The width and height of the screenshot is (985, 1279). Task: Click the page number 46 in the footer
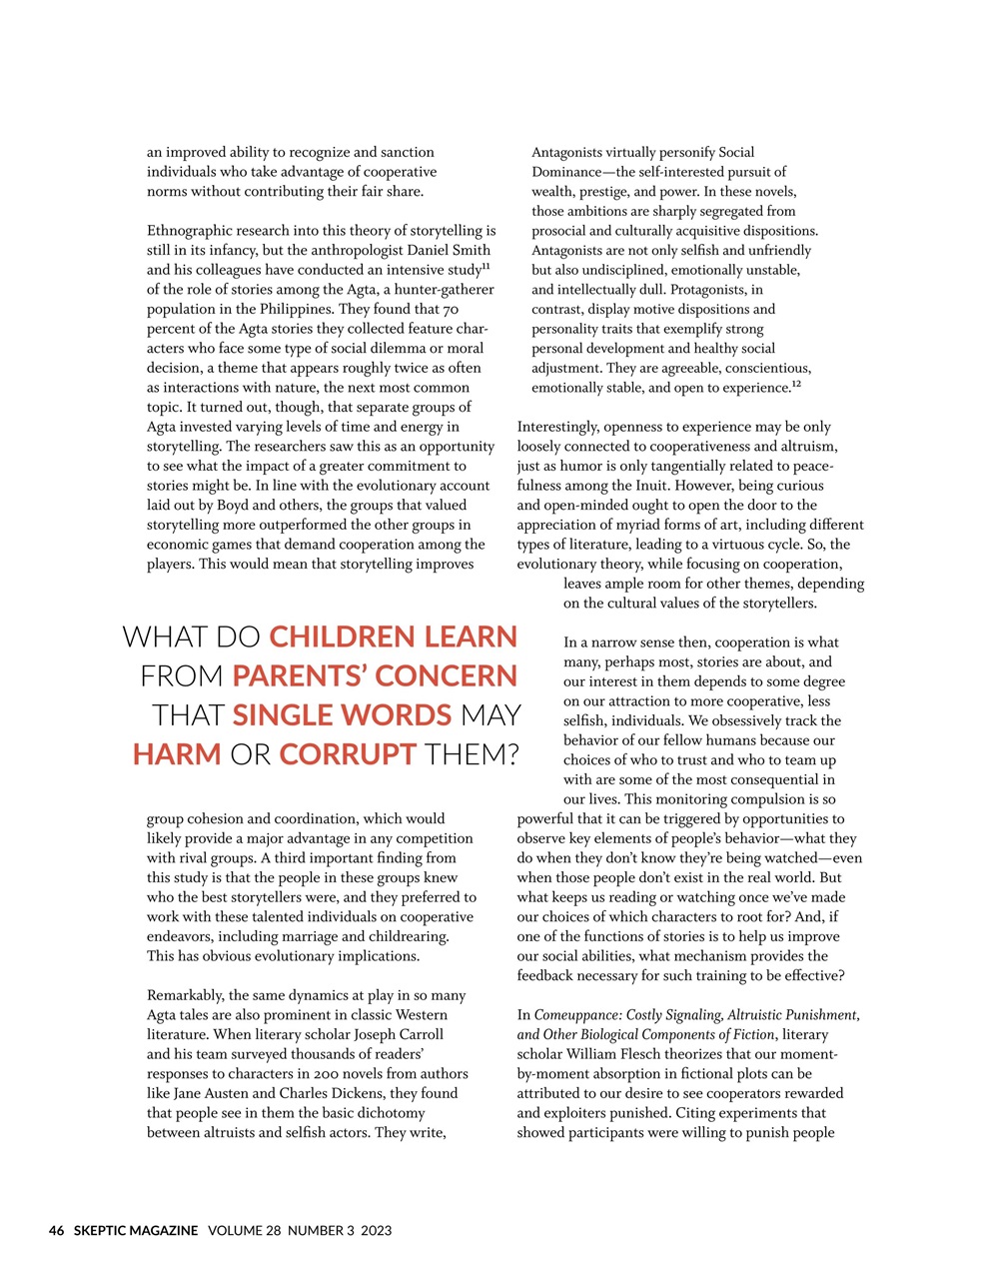pyautogui.click(x=57, y=1230)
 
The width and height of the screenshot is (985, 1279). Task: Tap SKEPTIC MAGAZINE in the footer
pyautogui.click(x=135, y=1230)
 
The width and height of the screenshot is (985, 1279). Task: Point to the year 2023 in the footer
pyautogui.click(x=377, y=1230)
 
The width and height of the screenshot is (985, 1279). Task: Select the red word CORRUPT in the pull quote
pyautogui.click(x=348, y=754)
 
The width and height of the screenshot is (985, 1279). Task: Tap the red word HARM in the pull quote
pyautogui.click(x=177, y=754)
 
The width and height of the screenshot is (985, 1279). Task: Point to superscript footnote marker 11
pyautogui.click(x=486, y=266)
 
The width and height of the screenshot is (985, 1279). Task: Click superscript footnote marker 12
pyautogui.click(x=796, y=384)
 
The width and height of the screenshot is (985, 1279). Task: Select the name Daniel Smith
pyautogui.click(x=447, y=250)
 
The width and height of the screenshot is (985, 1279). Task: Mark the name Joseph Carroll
pyautogui.click(x=395, y=1034)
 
